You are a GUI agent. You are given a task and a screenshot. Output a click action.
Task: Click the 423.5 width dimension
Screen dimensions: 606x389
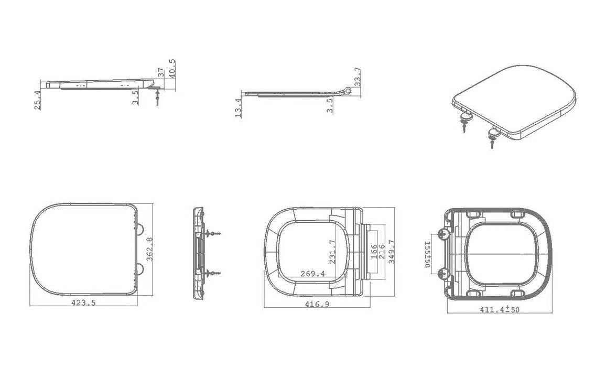click(x=83, y=303)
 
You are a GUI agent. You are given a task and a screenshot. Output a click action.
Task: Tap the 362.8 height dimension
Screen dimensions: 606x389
click(x=149, y=248)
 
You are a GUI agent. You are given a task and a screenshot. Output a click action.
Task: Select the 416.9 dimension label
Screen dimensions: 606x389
click(x=317, y=304)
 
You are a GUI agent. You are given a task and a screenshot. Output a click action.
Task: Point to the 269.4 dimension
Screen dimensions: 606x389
click(x=312, y=274)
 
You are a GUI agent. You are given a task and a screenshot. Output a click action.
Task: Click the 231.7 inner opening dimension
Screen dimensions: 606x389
click(x=332, y=252)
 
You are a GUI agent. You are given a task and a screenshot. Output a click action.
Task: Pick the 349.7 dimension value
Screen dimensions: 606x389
click(x=392, y=252)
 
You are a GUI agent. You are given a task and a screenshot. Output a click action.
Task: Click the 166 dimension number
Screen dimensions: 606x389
click(x=374, y=252)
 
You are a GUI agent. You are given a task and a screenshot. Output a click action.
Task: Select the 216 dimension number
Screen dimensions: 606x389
click(x=382, y=252)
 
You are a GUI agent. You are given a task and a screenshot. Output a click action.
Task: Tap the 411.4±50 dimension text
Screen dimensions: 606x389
click(x=500, y=309)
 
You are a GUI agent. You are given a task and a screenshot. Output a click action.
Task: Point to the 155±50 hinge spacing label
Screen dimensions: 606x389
click(x=428, y=254)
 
